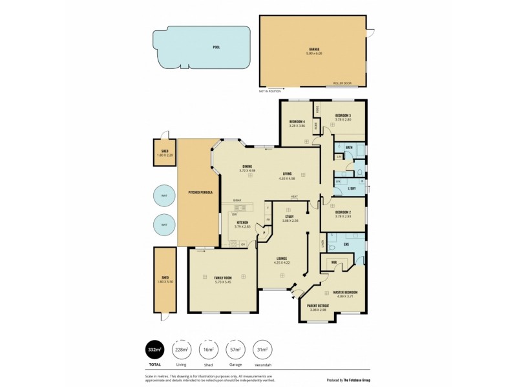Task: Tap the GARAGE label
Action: click(314, 48)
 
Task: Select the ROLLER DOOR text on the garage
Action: click(342, 84)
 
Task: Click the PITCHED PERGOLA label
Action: click(201, 192)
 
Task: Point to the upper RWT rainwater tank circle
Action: click(164, 196)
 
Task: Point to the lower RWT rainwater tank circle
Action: click(164, 225)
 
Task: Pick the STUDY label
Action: click(288, 217)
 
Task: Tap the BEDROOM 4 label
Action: click(297, 122)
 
